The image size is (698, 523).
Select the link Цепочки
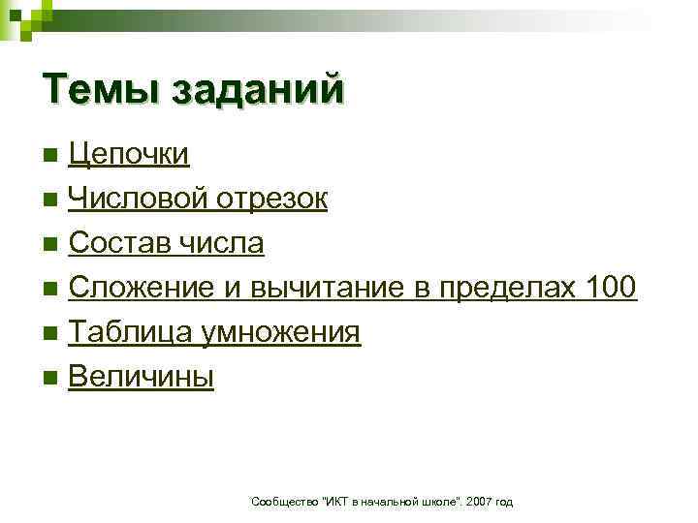pyautogui.click(x=129, y=154)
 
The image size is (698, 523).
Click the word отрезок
pyautogui.click(x=271, y=199)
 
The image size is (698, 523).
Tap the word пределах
pyautogui.click(x=494, y=288)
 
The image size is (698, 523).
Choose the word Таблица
pyautogui.click(x=129, y=332)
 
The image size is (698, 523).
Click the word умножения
pyautogui.click(x=281, y=332)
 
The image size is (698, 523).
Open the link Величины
pyautogui.click(x=142, y=377)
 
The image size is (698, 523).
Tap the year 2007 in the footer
pyautogui.click(x=480, y=501)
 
